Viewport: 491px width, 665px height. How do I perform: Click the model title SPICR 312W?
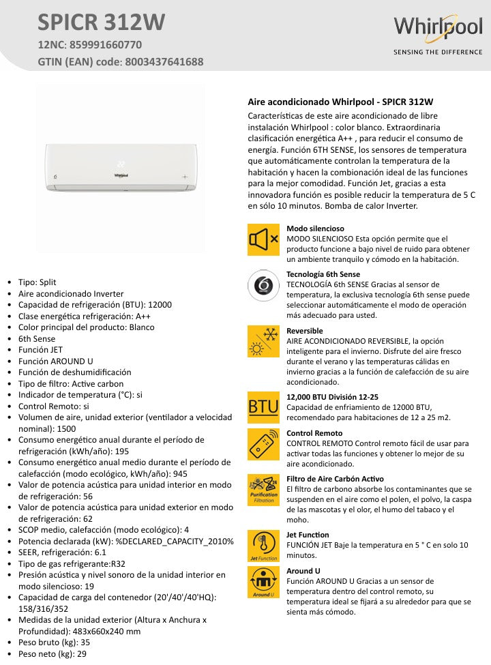(x=101, y=23)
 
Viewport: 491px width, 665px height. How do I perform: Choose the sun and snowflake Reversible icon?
(x=263, y=342)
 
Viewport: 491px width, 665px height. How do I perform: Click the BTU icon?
(x=263, y=407)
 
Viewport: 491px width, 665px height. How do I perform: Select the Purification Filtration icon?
(x=263, y=490)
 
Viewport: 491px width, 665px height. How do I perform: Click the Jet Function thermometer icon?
(x=263, y=546)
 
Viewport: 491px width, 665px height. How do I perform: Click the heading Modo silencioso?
(x=315, y=228)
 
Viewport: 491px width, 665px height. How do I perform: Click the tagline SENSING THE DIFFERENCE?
(x=437, y=52)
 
